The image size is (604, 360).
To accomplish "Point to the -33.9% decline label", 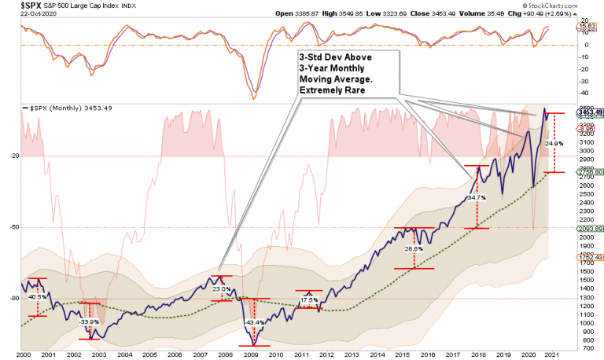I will coord(88,321).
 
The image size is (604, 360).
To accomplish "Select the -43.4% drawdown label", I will coord(255,323).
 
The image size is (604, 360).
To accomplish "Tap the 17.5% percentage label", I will coord(309,300).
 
